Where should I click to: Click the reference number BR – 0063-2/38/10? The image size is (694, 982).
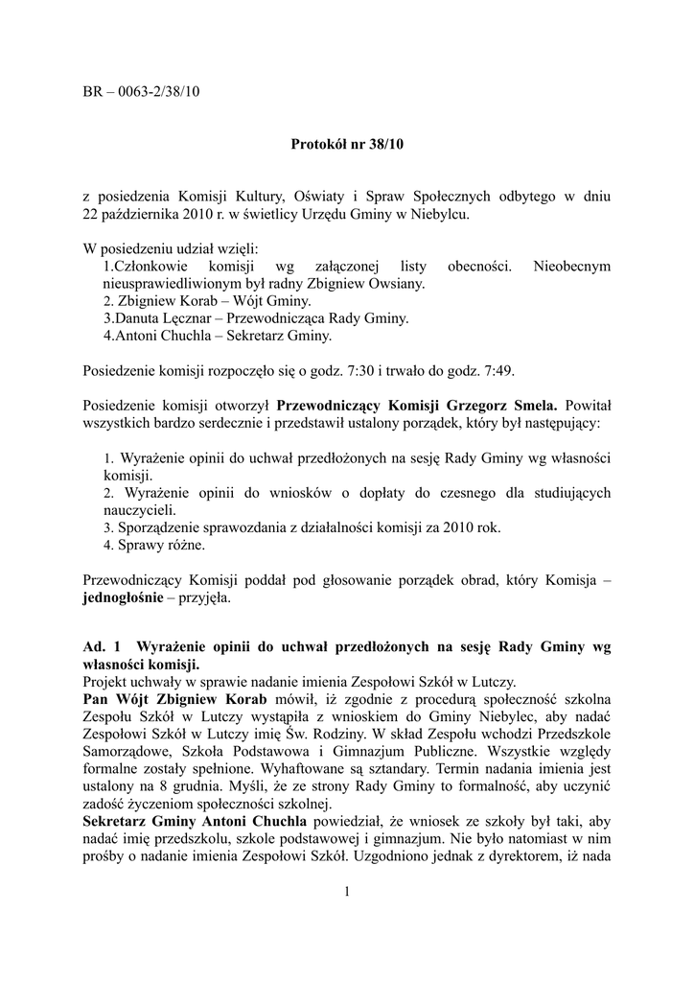[x=142, y=92]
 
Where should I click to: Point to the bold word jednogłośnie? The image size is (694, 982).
[x=124, y=597]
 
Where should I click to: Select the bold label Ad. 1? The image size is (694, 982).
[x=103, y=647]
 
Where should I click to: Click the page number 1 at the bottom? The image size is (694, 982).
[x=346, y=893]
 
